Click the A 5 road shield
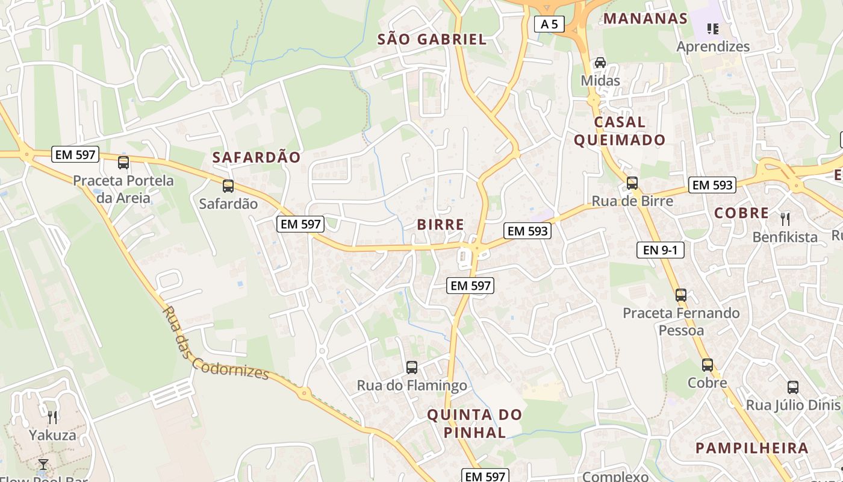tap(549, 24)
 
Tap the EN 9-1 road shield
tap(661, 249)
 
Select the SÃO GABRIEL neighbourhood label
tap(432, 40)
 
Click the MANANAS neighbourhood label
tap(645, 18)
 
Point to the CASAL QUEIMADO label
tap(620, 131)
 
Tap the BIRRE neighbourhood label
tap(441, 225)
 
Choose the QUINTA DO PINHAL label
tap(475, 424)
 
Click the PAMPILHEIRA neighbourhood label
tap(751, 448)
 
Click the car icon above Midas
tap(600, 63)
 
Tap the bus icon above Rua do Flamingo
tap(412, 367)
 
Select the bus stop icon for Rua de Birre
tap(632, 183)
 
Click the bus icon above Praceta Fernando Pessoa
tap(681, 295)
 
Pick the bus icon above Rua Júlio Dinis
tap(793, 387)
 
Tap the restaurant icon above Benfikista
tap(785, 219)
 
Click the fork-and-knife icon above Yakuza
tap(52, 417)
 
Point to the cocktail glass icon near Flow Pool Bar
tap(43, 465)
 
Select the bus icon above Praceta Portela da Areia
tap(123, 162)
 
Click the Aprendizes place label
tap(713, 46)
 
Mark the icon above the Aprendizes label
tap(713, 28)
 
